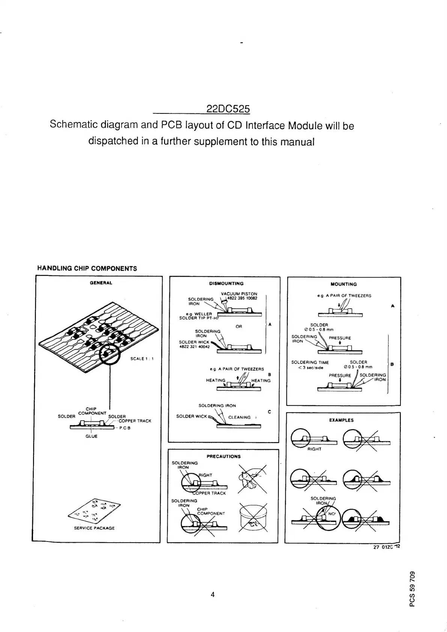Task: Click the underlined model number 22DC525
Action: click(x=228, y=109)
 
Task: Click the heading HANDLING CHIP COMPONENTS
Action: click(x=87, y=268)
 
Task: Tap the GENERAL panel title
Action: click(x=101, y=283)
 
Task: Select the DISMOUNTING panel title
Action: click(x=226, y=284)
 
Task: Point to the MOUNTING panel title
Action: click(x=344, y=284)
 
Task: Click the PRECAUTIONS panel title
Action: click(x=224, y=456)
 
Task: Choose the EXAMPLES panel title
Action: click(x=341, y=420)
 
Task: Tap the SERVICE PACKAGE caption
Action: click(x=94, y=528)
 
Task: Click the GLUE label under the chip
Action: click(x=91, y=436)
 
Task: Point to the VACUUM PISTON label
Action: click(x=239, y=294)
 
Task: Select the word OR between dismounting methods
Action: click(x=239, y=326)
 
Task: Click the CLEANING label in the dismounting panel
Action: click(x=239, y=417)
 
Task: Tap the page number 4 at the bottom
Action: click(x=212, y=594)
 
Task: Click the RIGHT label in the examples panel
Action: click(x=314, y=449)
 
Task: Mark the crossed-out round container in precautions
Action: click(x=253, y=517)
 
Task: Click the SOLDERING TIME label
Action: click(x=310, y=362)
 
